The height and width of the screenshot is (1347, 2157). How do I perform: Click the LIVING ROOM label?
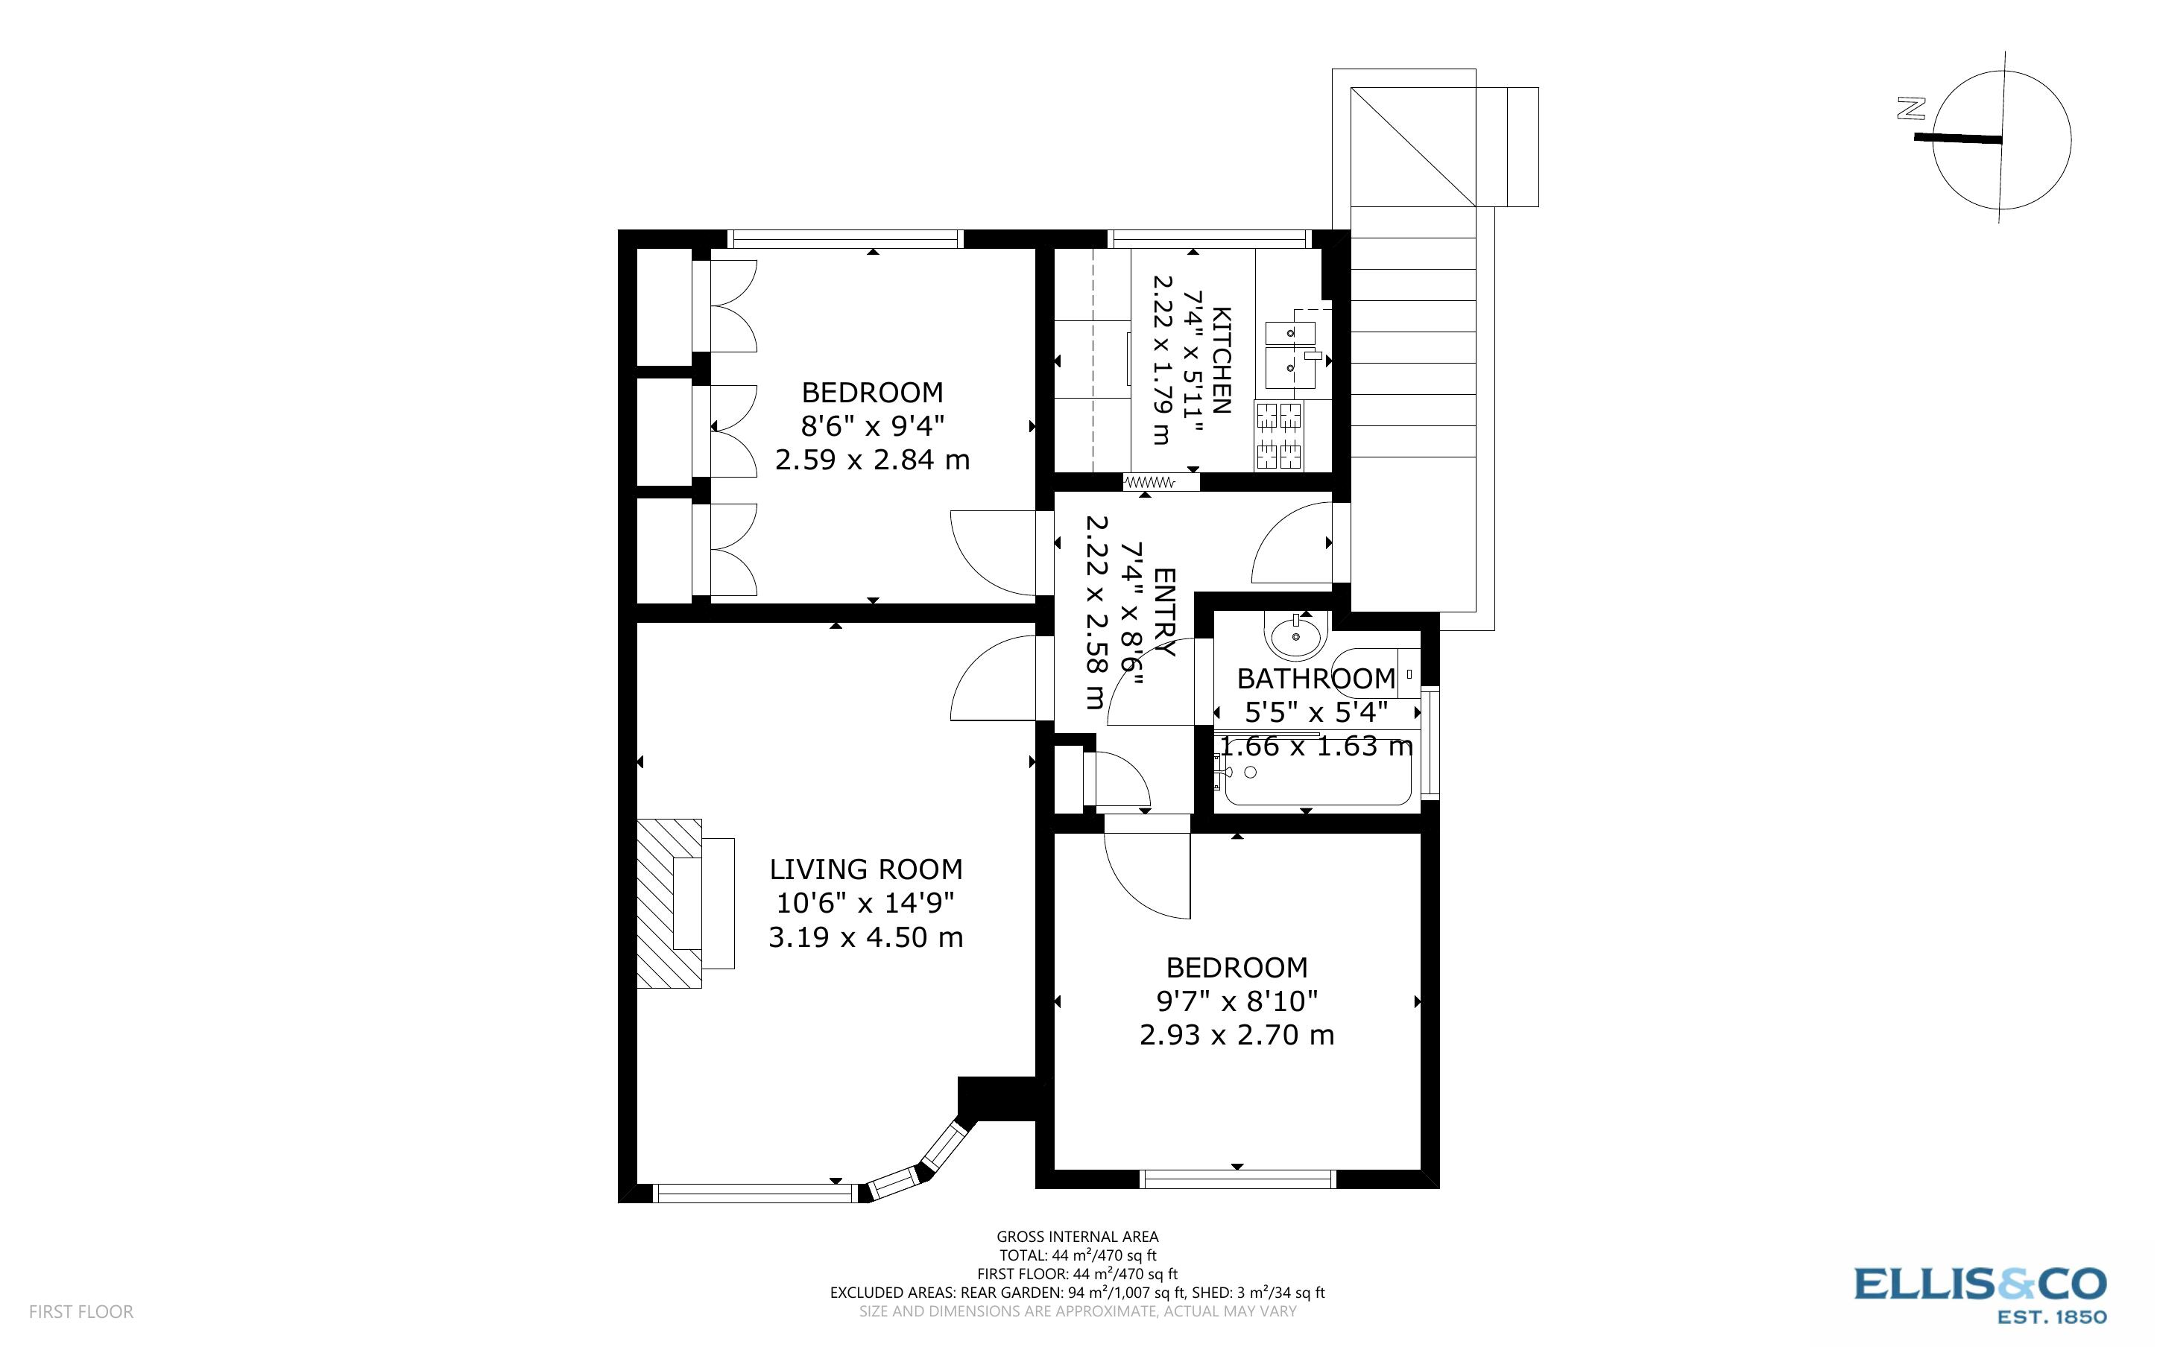865,869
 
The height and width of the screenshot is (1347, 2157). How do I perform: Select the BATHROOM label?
1316,679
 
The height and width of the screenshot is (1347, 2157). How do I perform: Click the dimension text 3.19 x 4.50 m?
865,937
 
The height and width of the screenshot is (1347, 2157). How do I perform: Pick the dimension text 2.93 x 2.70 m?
1237,1035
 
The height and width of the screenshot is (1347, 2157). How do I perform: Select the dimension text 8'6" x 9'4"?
872,426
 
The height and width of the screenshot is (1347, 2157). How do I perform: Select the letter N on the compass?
1910,110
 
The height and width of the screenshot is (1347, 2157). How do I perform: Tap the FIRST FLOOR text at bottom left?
81,1311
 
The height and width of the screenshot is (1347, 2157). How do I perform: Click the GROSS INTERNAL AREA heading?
1077,1237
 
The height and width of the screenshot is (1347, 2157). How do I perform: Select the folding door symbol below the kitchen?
1149,482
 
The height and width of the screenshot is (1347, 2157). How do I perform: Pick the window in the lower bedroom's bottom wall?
1237,1179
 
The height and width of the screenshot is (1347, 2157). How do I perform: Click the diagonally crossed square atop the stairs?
1413,147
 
